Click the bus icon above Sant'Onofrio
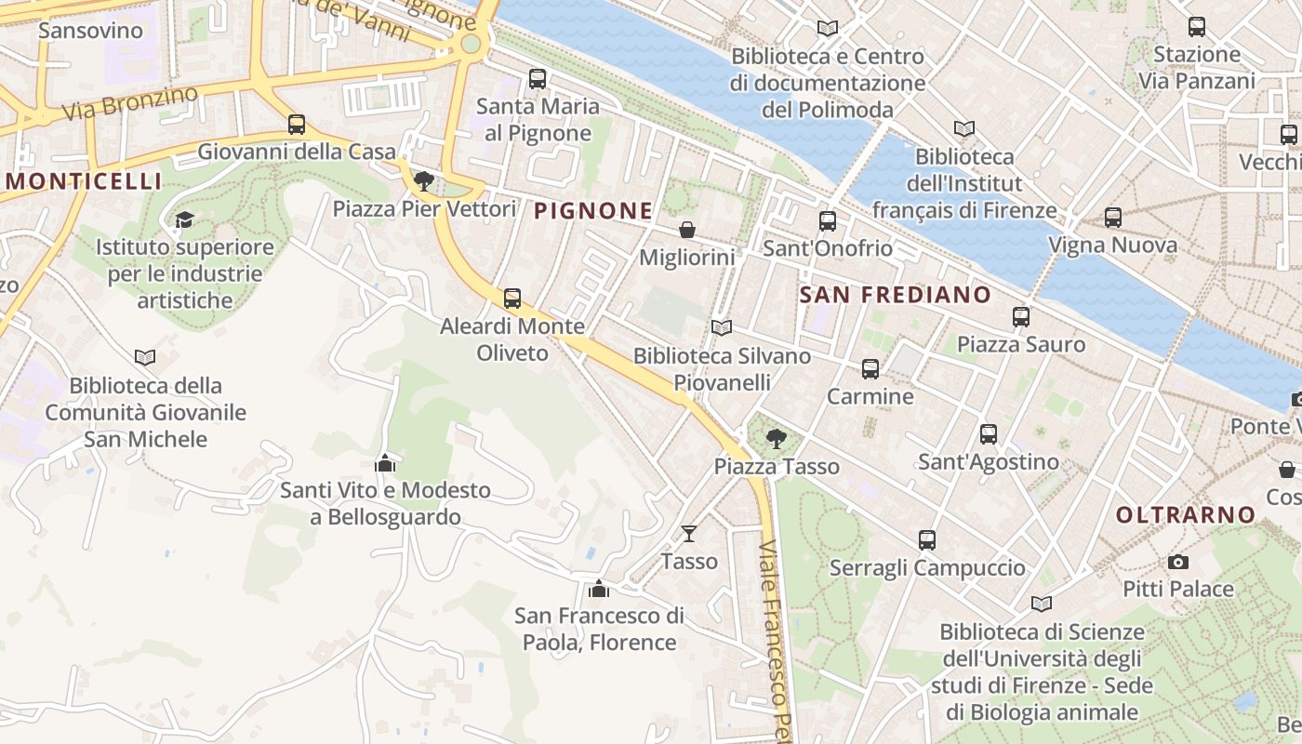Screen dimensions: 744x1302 pos(827,221)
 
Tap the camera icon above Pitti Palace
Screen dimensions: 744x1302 pos(1178,562)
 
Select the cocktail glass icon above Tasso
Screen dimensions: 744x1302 pos(688,533)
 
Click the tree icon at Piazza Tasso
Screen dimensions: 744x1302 pos(776,438)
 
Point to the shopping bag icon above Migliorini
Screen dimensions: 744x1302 pos(687,229)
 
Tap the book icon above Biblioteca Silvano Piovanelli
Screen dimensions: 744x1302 pos(721,327)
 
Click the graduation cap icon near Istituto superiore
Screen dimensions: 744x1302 pos(184,219)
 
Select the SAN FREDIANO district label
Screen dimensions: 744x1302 pos(896,296)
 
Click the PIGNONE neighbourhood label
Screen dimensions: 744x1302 pos(593,211)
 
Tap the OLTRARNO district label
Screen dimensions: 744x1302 pos(1186,515)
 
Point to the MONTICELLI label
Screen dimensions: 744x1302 pos(85,181)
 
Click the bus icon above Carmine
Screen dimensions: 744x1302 pos(870,368)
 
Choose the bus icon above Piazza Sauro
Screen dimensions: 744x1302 pos(1021,316)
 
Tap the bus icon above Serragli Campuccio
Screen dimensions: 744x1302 pos(927,539)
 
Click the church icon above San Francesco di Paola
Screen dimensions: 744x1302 pos(599,588)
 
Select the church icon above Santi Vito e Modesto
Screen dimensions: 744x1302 pos(385,462)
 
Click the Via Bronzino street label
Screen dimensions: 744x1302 pos(130,103)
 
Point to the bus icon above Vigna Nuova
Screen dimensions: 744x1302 pos(1112,218)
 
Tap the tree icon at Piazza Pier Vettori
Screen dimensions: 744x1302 pos(424,180)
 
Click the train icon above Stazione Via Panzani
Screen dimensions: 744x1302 pos(1197,27)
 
